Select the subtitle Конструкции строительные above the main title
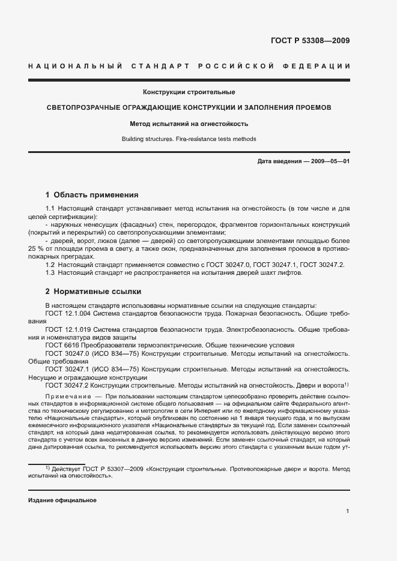point(189,92)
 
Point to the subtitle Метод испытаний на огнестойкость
point(189,124)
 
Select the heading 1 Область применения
point(92,195)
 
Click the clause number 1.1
point(50,208)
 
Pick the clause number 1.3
point(50,273)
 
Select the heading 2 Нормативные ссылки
point(93,292)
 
